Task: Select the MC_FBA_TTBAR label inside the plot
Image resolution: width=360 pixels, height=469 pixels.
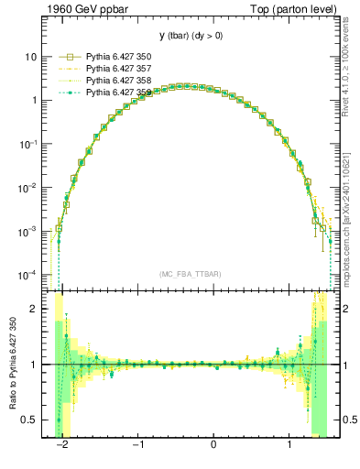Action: pos(187,275)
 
